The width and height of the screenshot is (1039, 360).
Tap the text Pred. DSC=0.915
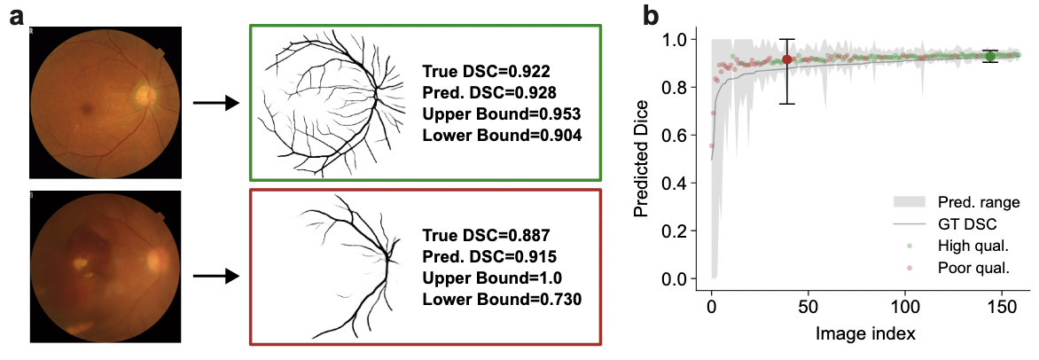(x=489, y=257)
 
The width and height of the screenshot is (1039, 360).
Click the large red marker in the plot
(x=786, y=59)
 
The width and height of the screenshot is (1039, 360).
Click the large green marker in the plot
(x=990, y=56)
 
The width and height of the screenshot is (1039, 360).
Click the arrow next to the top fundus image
(x=216, y=104)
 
